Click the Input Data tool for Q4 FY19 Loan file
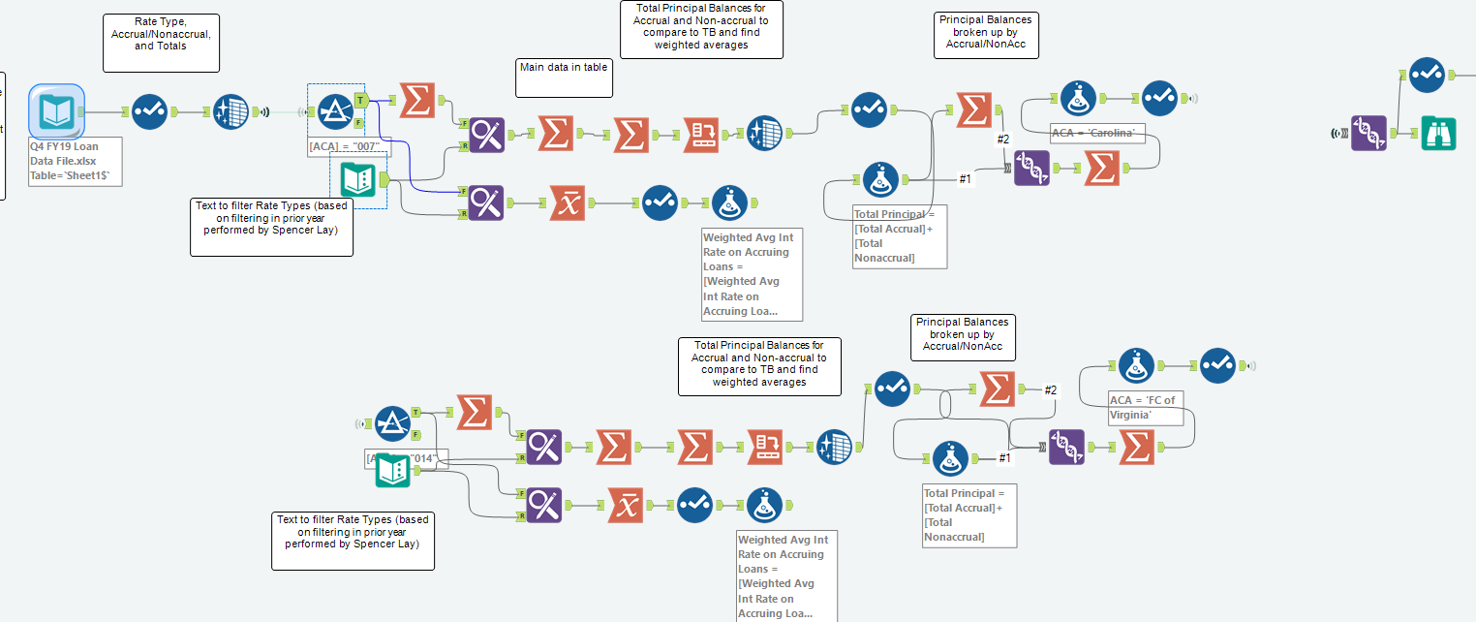(56, 111)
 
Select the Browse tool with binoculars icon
(1438, 133)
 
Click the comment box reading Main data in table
(565, 78)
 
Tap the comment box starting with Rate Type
(161, 43)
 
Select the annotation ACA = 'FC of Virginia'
(1146, 408)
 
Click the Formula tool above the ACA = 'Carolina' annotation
(1078, 98)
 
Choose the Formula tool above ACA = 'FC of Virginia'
(1136, 366)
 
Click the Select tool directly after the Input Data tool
(149, 111)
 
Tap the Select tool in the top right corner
(1427, 74)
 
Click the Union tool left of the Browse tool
(1368, 133)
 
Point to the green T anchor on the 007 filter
(360, 100)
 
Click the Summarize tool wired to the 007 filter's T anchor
(416, 100)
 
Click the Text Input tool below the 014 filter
(392, 470)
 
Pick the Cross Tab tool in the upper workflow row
(700, 134)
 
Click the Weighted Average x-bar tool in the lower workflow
(626, 505)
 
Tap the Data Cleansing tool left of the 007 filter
(231, 111)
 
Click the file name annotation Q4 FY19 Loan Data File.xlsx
(76, 162)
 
